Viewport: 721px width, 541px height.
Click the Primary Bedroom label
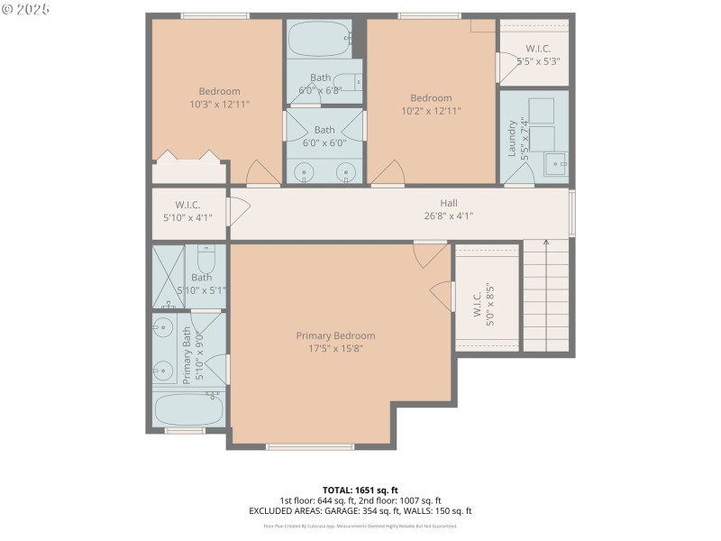click(335, 335)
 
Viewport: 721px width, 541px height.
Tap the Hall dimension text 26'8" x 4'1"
click(448, 215)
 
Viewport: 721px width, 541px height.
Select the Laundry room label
click(512, 138)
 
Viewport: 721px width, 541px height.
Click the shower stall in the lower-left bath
click(168, 276)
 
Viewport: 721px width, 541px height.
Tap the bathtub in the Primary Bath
click(188, 409)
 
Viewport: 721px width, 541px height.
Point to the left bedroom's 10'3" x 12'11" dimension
click(219, 105)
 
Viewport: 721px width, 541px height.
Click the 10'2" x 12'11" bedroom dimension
click(431, 111)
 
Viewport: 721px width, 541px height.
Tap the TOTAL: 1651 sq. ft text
click(360, 490)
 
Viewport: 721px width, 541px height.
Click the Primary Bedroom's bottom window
click(310, 446)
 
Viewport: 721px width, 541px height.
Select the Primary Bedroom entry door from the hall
click(430, 253)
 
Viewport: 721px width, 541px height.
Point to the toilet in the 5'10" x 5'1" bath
click(205, 261)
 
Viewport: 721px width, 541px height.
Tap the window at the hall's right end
click(572, 214)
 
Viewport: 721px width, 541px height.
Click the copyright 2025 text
click(26, 9)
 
